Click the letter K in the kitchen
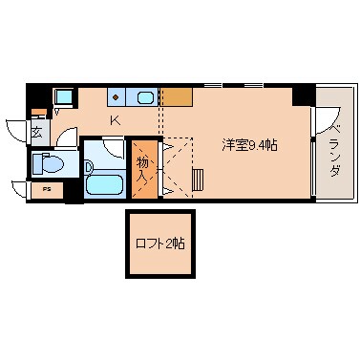coord(115,120)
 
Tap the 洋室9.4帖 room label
coord(250,145)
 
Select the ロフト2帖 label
coord(159,244)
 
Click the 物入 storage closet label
coord(142,170)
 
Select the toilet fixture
coord(51,165)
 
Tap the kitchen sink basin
coord(146,96)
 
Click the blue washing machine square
coord(64,96)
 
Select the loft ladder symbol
coord(199,179)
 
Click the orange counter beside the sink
coord(175,96)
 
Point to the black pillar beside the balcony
coord(303,95)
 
